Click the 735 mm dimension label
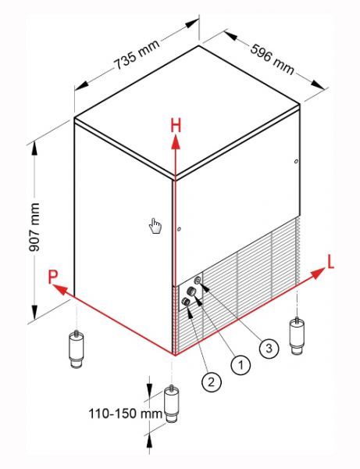(137, 55)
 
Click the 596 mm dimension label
(272, 59)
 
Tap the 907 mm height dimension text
(34, 227)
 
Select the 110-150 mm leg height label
(126, 414)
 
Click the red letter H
(176, 126)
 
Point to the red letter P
(52, 277)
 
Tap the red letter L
(330, 263)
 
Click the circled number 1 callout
(241, 364)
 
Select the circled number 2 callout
(212, 381)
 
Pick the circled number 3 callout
(269, 348)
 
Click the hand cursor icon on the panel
(155, 226)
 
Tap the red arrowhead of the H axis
(176, 142)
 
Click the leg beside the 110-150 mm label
(172, 403)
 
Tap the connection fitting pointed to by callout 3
(197, 281)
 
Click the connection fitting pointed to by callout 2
(186, 302)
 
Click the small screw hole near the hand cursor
(179, 229)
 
